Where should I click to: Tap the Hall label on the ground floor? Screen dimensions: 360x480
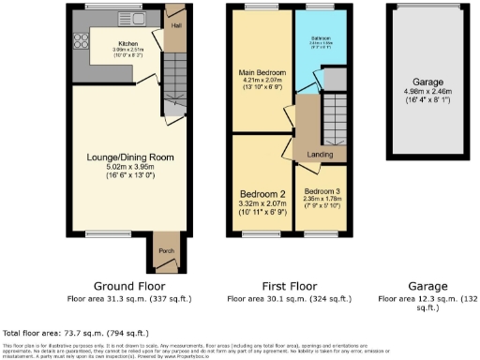pyautogui.click(x=174, y=26)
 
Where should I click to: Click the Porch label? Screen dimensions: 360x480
pyautogui.click(x=167, y=251)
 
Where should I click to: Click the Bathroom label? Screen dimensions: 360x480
pyautogui.click(x=324, y=39)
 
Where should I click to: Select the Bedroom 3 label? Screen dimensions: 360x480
pyautogui.click(x=322, y=190)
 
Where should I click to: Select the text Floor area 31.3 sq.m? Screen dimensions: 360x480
pyautogui.click(x=127, y=300)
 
